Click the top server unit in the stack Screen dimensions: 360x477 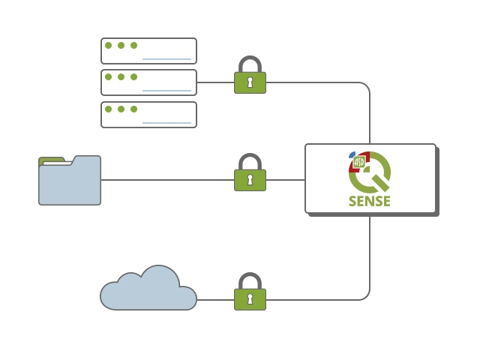point(148,50)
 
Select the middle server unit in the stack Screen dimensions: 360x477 point(148,82)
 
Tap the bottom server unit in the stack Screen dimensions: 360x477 point(148,114)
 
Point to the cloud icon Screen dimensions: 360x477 point(148,290)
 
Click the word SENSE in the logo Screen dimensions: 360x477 point(369,201)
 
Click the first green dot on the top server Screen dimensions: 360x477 point(108,45)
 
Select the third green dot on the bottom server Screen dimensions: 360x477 point(133,109)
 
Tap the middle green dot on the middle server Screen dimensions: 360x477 point(121,76)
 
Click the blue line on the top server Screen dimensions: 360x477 point(166,58)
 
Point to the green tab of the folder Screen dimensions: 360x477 point(51,160)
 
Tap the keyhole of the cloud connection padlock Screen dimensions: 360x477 point(250,299)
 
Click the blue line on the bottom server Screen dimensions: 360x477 point(166,122)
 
